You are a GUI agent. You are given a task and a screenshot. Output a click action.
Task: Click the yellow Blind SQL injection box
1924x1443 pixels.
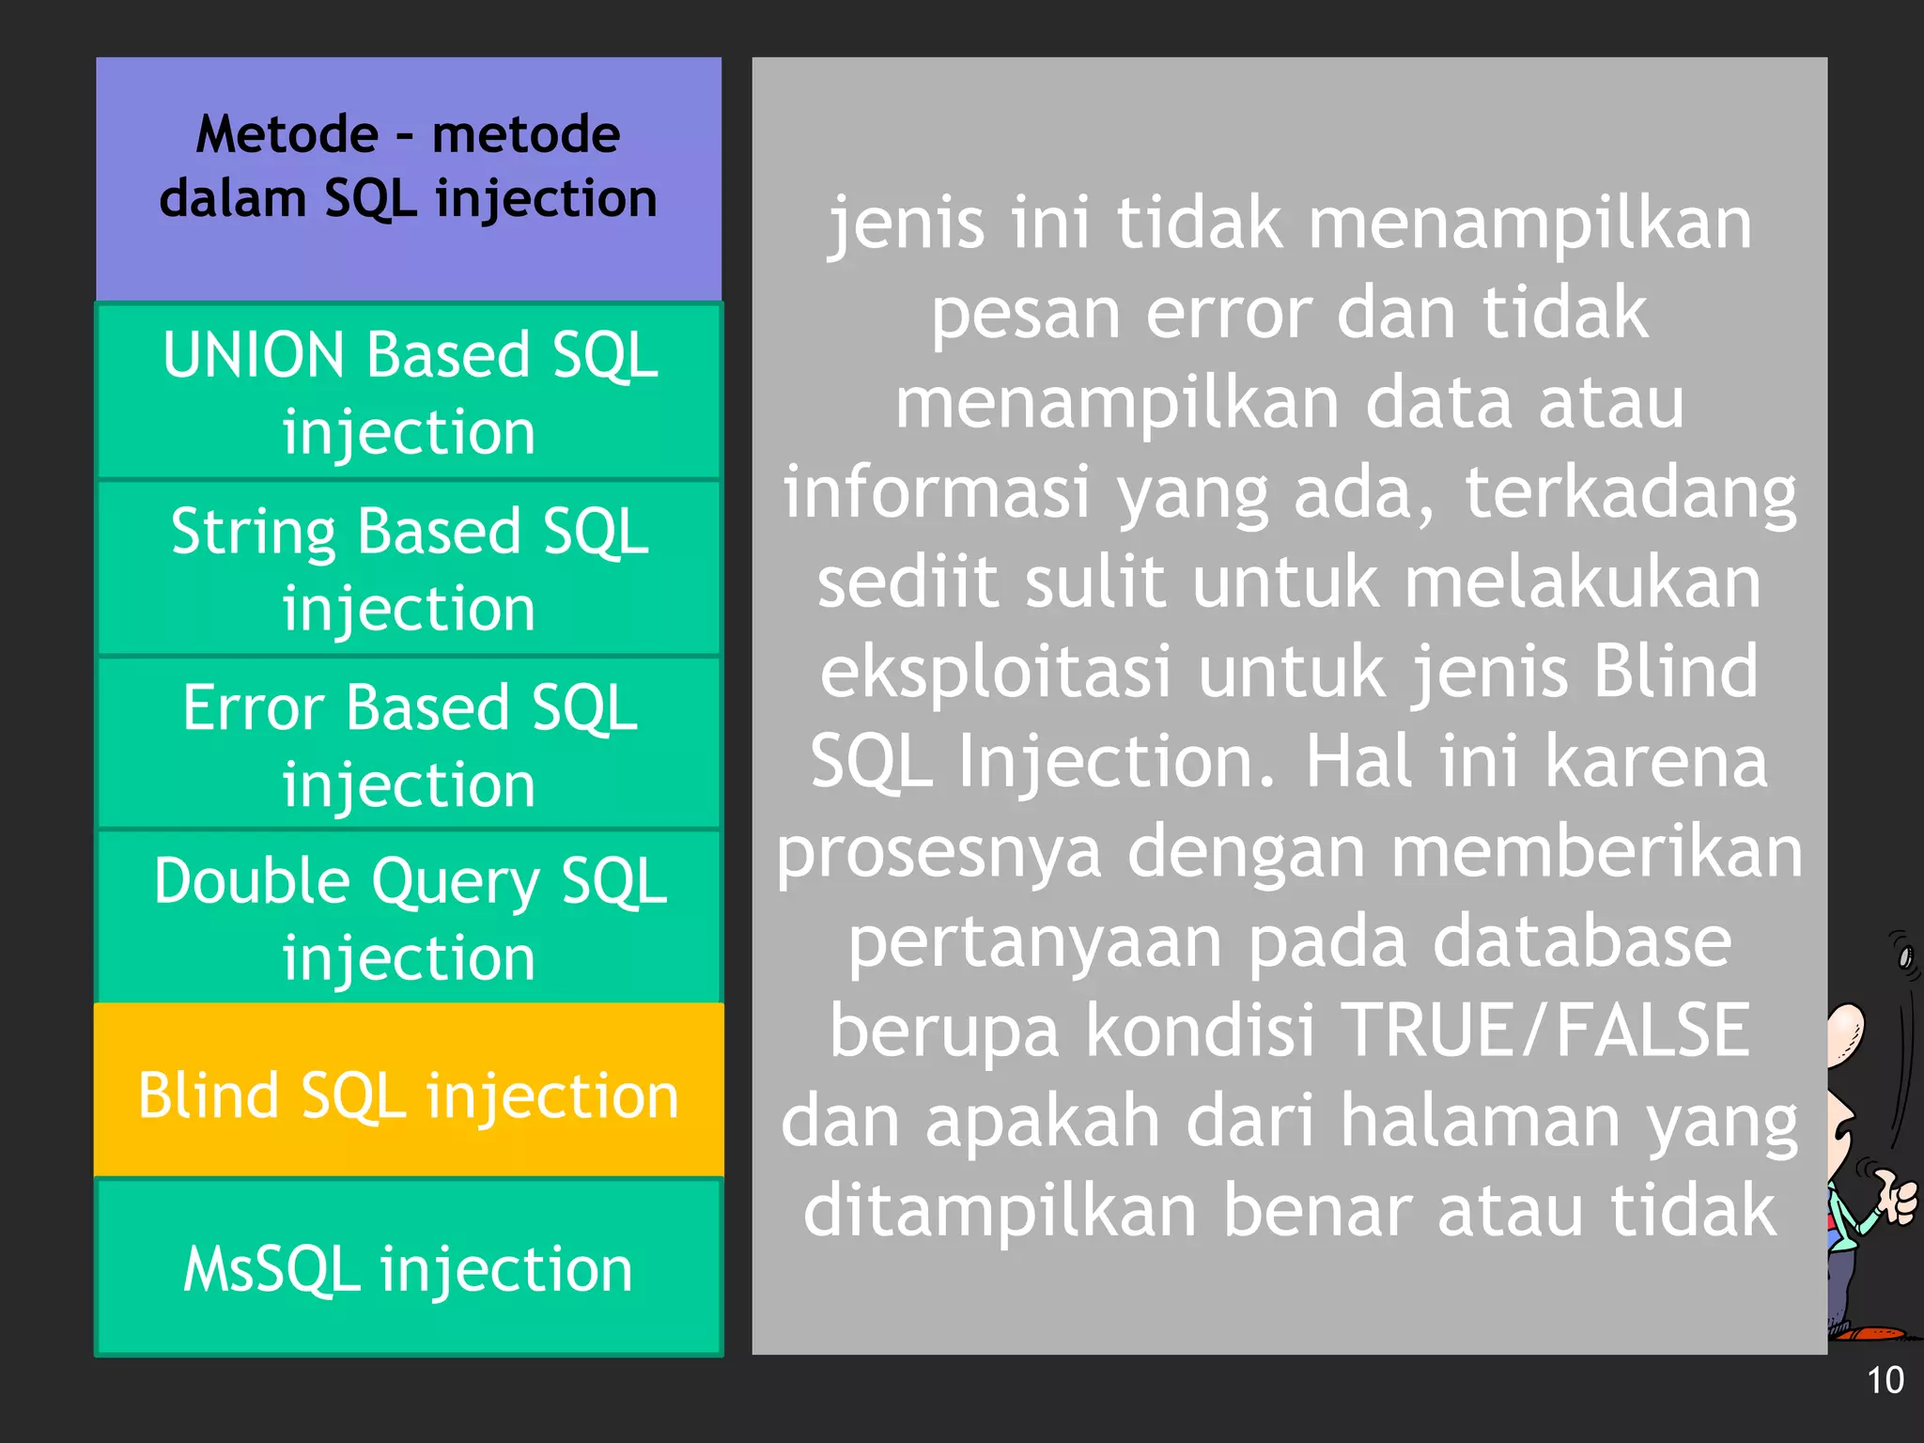pyautogui.click(x=409, y=1094)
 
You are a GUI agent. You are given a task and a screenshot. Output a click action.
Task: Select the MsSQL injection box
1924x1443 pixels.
pyautogui.click(x=409, y=1268)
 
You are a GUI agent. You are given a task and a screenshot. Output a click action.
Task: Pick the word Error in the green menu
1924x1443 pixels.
pyautogui.click(x=253, y=706)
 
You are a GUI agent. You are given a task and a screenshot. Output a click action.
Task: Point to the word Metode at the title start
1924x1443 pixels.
pyautogui.click(x=287, y=134)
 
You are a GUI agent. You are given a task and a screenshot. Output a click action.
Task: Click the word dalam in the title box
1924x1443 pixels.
pyautogui.click(x=232, y=199)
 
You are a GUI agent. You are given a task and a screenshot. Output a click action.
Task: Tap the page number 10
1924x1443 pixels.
pyautogui.click(x=1885, y=1380)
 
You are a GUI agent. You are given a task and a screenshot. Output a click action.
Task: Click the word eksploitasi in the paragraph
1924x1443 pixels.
pyautogui.click(x=996, y=672)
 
